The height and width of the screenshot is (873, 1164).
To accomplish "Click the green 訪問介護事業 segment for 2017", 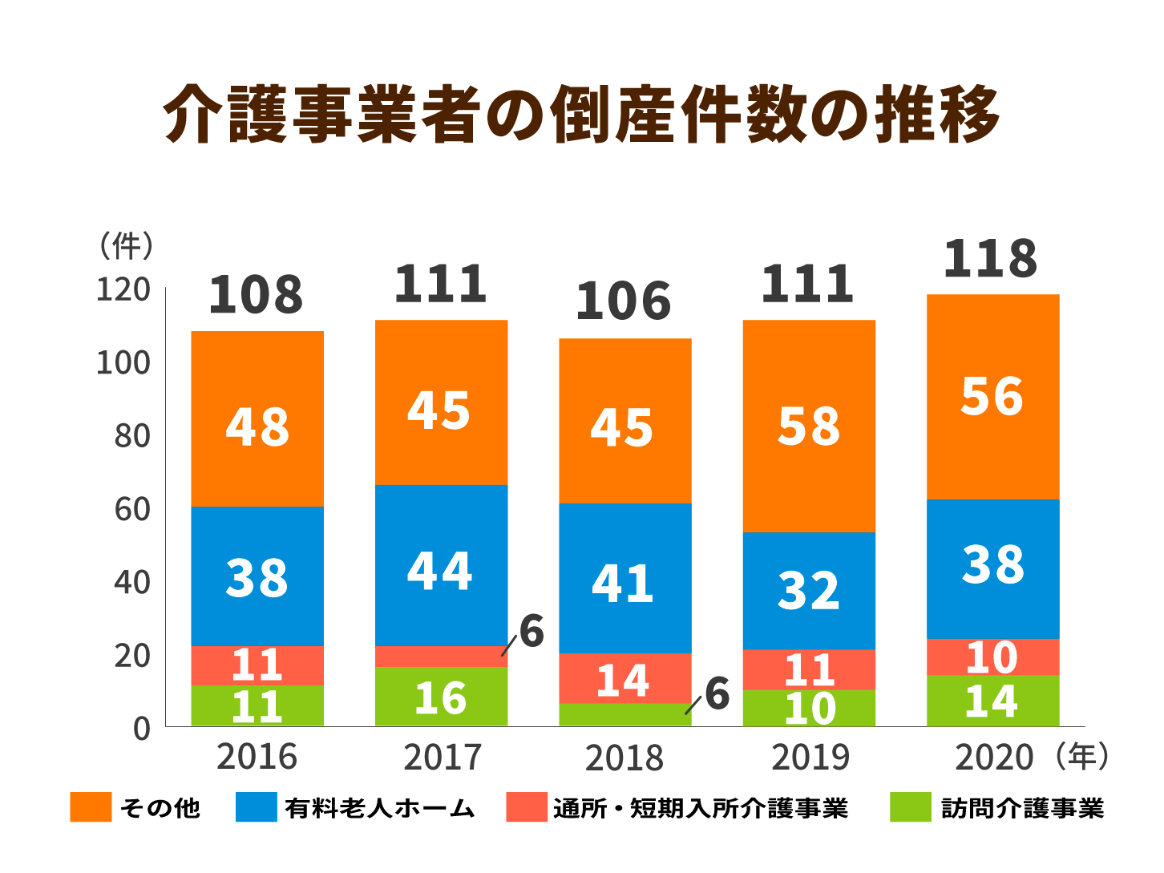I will pos(441,697).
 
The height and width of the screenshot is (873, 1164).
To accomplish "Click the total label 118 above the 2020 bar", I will pos(990,259).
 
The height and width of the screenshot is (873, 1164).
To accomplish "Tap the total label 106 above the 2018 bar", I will pos(623,301).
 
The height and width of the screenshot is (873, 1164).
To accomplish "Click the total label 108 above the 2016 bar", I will pos(256,294).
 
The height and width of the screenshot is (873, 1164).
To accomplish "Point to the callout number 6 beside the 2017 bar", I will pos(531,632).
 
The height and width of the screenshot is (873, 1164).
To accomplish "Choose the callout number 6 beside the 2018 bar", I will pos(717,693).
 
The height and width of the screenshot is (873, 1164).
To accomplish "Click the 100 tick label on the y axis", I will pos(123,363).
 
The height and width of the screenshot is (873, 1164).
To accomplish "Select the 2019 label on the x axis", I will pos(809,758).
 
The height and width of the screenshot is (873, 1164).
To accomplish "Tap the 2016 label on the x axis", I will pos(257,758).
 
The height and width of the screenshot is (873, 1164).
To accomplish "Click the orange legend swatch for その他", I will pos(91,807).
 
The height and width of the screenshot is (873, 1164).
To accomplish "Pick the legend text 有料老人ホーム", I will pos(379,808).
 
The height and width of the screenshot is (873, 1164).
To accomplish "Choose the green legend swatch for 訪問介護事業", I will pos(910,807).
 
